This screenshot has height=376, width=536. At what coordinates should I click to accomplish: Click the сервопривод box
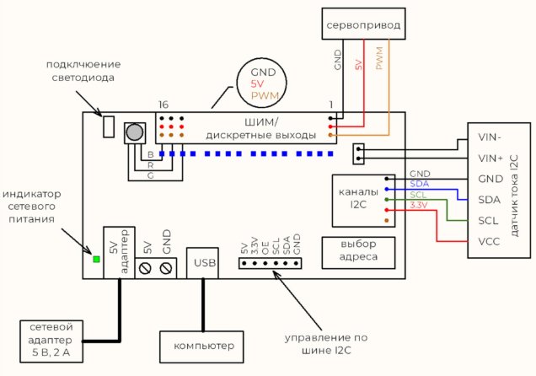point(361,24)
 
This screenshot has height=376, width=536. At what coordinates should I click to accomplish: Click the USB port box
point(204,262)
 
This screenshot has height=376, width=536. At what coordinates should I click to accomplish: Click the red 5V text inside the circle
point(263,84)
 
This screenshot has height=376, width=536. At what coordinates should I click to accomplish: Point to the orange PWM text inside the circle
point(265,97)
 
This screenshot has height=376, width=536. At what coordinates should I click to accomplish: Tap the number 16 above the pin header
point(163,104)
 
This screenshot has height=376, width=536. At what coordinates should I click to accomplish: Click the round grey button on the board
point(134,132)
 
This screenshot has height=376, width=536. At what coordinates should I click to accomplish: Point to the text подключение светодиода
point(83,71)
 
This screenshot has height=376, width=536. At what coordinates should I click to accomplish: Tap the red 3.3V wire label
point(418,205)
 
